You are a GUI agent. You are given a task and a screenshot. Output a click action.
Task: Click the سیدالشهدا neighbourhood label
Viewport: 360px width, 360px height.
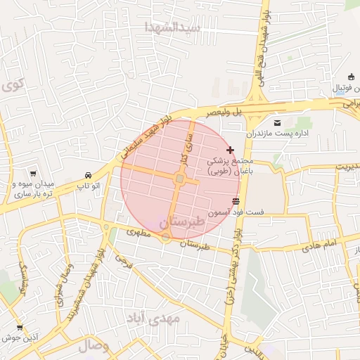point(173,27)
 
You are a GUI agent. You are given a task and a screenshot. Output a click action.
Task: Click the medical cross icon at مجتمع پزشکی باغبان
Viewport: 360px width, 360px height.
point(231,150)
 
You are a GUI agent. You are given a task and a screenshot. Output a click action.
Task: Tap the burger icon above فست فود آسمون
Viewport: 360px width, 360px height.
point(235,202)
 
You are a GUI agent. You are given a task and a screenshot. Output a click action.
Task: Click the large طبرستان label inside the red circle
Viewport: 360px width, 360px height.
point(182,221)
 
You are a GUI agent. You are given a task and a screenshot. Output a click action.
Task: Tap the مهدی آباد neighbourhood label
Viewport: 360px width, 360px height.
point(154,319)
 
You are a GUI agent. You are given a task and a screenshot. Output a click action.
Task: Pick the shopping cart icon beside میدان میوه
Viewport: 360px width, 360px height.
point(32,173)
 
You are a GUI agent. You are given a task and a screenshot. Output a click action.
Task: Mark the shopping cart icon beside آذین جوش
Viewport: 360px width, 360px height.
point(19,327)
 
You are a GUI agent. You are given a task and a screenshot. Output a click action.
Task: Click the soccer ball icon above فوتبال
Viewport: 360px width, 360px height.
point(352,77)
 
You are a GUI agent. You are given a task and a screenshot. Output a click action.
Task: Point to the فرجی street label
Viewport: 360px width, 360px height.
point(123,263)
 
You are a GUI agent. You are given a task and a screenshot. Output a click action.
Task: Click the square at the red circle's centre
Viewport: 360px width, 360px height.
point(180,180)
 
